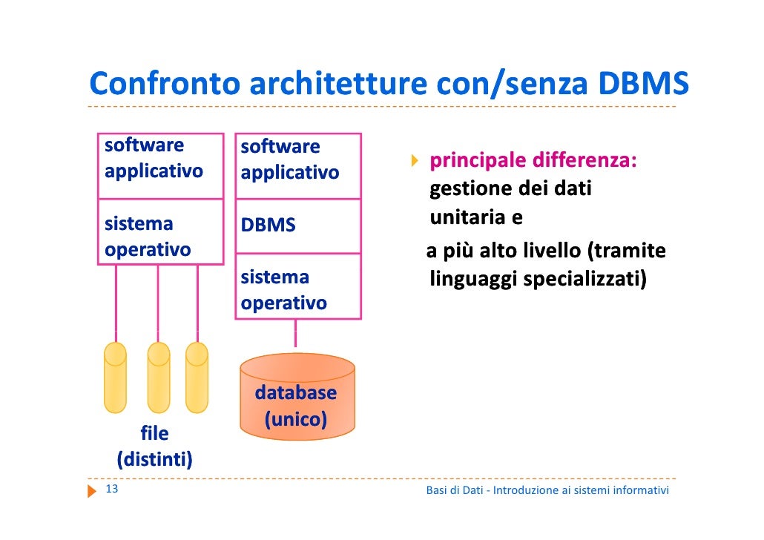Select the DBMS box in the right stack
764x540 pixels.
coord(297,225)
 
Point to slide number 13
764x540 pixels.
coord(113,490)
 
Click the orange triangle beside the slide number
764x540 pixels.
coord(93,490)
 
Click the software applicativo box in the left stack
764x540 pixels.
coord(160,166)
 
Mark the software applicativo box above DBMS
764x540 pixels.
coord(297,166)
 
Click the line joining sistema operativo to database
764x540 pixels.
coord(295,334)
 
